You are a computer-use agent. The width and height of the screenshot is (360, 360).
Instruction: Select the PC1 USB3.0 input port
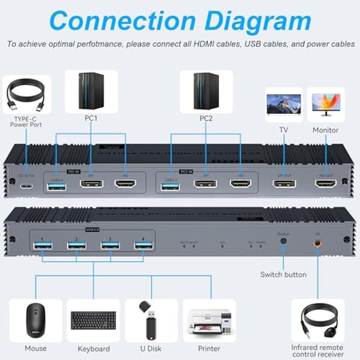[57, 186]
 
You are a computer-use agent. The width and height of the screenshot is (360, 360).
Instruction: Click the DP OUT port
[284, 184]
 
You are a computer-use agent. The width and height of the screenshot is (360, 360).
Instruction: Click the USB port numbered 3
[110, 246]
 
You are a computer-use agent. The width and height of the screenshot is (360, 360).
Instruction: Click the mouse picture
[35, 320]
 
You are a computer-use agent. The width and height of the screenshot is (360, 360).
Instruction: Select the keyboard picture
[93, 320]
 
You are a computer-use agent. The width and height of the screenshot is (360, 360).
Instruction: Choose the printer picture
[209, 321]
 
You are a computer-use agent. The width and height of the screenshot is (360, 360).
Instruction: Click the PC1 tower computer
[91, 91]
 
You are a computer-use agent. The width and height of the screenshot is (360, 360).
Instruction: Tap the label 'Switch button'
[283, 275]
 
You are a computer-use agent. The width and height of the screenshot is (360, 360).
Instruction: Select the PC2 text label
[206, 118]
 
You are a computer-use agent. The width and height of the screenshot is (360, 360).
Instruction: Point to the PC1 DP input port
[91, 184]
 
